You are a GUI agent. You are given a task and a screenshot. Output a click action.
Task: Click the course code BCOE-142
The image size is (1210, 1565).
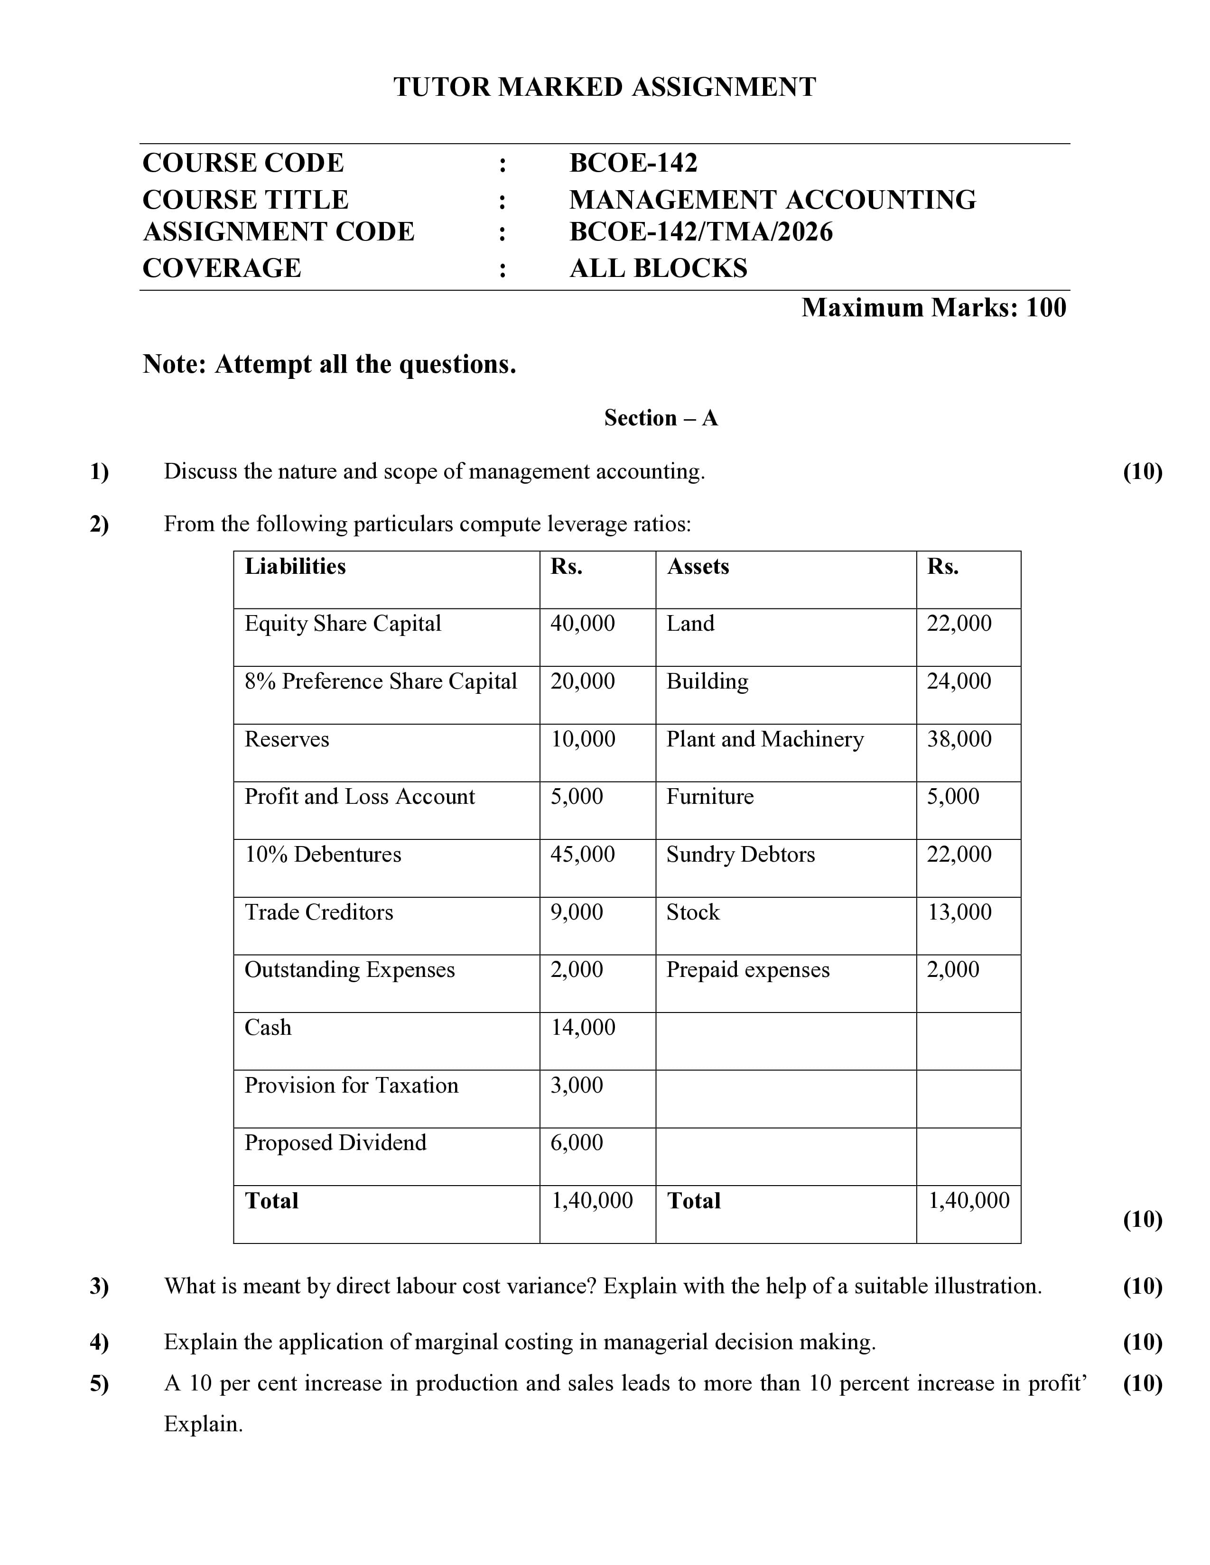(633, 164)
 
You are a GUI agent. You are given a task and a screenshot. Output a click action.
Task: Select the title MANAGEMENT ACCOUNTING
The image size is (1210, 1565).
(772, 200)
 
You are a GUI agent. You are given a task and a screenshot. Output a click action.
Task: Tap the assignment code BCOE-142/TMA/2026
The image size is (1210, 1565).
(700, 232)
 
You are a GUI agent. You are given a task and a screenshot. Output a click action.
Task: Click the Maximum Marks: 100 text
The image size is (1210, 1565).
(933, 307)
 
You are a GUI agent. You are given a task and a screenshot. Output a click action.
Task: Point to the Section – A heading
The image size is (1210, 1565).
(660, 418)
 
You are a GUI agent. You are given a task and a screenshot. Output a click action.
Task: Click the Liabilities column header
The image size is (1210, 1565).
(295, 567)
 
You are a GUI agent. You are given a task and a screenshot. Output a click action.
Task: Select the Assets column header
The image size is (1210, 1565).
(698, 567)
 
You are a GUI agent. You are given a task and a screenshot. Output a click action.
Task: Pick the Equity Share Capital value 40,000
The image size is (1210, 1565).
(582, 624)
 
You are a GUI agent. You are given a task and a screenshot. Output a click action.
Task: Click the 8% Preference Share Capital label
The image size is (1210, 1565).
(381, 681)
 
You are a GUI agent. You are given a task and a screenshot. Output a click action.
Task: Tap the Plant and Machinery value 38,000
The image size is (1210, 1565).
(959, 739)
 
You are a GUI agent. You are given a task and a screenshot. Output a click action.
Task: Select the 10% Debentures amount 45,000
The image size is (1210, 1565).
(582, 854)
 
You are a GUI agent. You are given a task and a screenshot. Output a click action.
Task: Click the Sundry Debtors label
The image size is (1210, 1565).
(741, 854)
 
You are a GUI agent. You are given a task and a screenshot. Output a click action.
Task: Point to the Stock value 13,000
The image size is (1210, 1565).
(959, 912)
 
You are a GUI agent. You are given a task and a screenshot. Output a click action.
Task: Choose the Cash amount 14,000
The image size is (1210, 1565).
(582, 1028)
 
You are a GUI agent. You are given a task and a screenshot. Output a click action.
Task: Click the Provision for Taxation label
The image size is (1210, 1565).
(351, 1085)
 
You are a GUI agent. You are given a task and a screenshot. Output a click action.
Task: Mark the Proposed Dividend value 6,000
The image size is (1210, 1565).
(577, 1142)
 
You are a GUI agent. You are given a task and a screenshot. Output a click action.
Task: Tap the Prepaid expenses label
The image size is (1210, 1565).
(748, 969)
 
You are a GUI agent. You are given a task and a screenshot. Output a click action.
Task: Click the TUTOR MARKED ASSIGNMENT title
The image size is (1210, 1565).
(604, 87)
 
